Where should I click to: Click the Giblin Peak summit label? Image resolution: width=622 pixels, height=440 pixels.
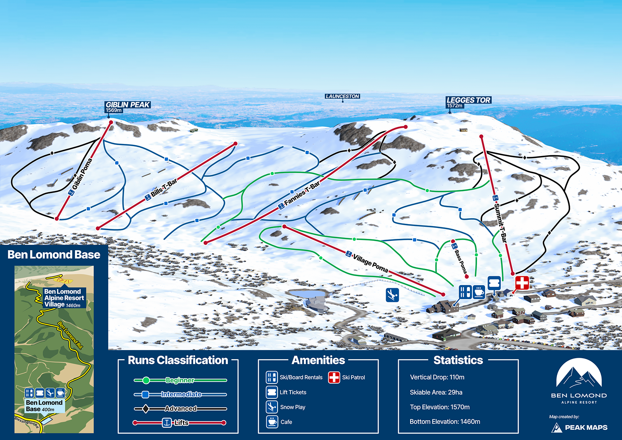(128, 105)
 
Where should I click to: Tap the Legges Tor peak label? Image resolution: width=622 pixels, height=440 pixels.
(468, 100)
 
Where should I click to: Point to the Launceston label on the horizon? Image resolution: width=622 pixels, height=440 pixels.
(342, 96)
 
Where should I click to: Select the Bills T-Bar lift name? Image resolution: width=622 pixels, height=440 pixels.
(164, 188)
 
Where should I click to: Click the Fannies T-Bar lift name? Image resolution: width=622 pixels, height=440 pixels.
(302, 193)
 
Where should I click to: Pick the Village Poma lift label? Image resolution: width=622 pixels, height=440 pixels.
(370, 263)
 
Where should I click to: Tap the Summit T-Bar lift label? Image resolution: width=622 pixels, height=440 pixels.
(500, 222)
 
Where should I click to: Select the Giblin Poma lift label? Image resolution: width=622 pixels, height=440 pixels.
(82, 174)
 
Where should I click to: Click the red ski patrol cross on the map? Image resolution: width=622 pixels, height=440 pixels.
(522, 283)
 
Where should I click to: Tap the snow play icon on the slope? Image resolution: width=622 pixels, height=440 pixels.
(392, 295)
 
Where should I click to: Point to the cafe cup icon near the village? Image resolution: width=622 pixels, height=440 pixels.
(479, 291)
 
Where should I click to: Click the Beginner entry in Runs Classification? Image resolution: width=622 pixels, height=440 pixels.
(180, 380)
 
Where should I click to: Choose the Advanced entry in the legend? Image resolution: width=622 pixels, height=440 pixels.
(180, 408)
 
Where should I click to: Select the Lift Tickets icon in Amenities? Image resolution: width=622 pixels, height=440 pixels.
(272, 392)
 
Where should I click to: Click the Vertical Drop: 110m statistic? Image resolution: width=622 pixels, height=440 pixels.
(437, 377)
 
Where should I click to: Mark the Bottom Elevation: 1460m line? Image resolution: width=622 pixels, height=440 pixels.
(445, 421)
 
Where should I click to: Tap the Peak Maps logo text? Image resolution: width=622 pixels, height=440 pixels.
(586, 427)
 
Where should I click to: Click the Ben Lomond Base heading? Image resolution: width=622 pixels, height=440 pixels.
(54, 254)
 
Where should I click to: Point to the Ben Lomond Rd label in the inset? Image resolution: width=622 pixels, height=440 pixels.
(70, 335)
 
